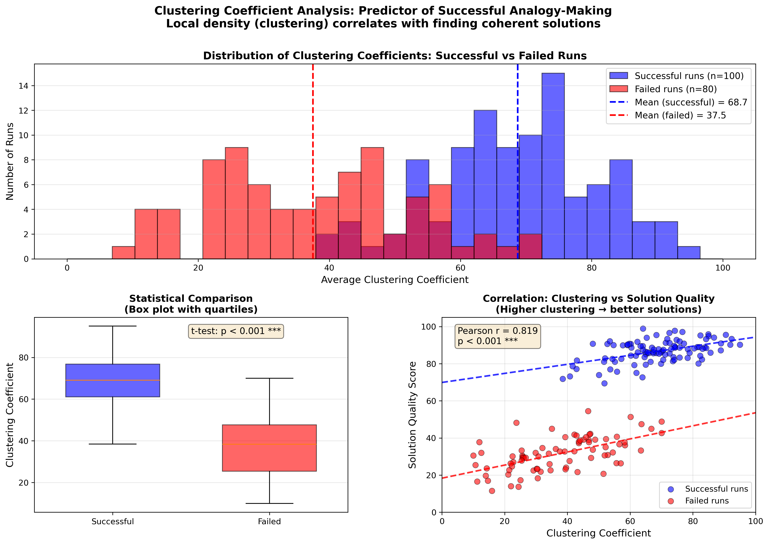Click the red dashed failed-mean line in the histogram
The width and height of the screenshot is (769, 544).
tap(313, 134)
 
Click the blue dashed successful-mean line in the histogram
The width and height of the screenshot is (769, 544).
tap(518, 101)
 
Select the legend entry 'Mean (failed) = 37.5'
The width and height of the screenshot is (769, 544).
tap(680, 116)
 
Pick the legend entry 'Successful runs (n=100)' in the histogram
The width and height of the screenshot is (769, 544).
tap(689, 76)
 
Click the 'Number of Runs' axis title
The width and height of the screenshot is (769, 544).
tap(10, 161)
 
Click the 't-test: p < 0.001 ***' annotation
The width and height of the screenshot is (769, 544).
tap(236, 331)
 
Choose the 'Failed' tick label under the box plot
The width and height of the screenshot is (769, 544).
tap(269, 521)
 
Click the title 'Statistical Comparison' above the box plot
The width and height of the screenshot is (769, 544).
tap(191, 299)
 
